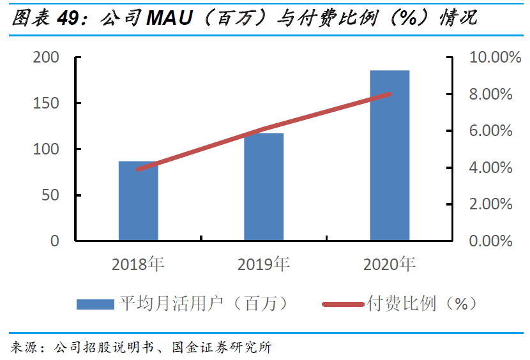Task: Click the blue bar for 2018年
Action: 138,201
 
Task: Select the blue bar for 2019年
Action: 264,187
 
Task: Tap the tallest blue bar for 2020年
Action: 390,156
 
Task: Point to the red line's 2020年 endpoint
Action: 390,94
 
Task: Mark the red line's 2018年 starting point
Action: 138,169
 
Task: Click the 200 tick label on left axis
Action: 46,57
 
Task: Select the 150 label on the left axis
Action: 46,103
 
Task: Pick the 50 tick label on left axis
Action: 50,195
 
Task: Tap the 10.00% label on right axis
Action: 495,57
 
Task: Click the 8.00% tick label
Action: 491,94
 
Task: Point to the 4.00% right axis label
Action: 491,168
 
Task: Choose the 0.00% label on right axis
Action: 491,241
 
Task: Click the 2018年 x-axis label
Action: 138,264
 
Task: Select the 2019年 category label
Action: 264,264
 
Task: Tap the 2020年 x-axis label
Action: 390,264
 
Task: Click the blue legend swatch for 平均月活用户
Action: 95,304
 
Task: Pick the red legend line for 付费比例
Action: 343,304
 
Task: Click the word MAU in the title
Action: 170,18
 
